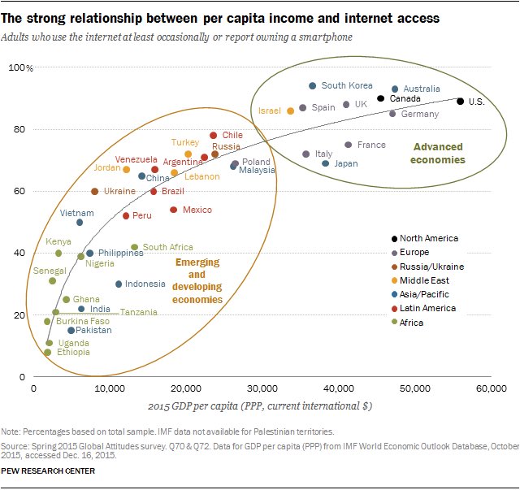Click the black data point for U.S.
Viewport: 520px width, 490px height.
pyautogui.click(x=460, y=102)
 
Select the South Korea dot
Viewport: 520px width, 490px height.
pyautogui.click(x=313, y=86)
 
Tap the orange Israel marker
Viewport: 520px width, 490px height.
pyautogui.click(x=290, y=111)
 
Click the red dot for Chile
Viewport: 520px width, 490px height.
pyautogui.click(x=214, y=136)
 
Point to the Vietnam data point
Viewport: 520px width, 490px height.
pyautogui.click(x=80, y=223)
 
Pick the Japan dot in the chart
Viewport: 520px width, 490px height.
pyautogui.click(x=326, y=163)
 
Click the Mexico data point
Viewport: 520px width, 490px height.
pyautogui.click(x=173, y=210)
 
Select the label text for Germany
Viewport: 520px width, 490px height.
pyautogui.click(x=419, y=115)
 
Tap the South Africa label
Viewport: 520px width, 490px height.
pyautogui.click(x=167, y=247)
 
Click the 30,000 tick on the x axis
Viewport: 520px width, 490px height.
pyautogui.click(x=262, y=389)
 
